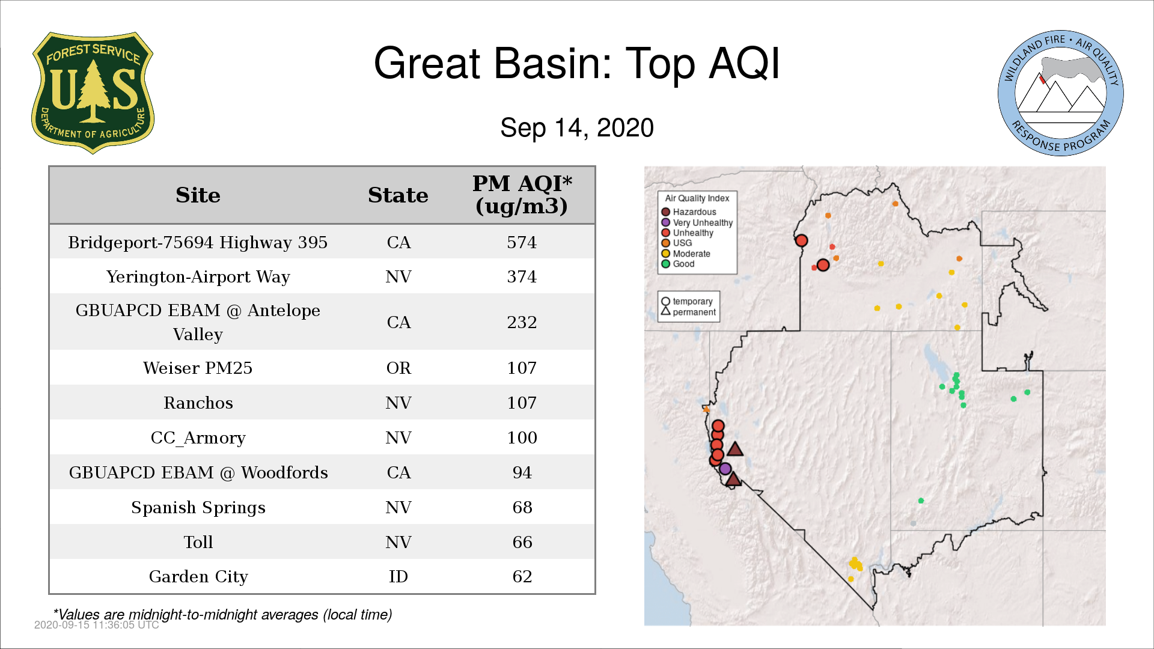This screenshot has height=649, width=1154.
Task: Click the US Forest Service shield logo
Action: coord(93,93)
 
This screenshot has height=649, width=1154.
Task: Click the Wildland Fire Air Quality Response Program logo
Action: coord(1061,93)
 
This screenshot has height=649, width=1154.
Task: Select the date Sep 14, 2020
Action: coord(577,128)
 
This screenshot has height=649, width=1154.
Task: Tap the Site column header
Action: coord(198,195)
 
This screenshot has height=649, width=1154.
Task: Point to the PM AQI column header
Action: coord(522,195)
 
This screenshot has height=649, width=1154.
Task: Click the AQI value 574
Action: coord(522,242)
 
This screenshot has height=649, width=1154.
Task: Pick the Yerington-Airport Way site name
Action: coord(198,277)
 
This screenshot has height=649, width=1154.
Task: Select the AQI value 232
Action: coord(522,322)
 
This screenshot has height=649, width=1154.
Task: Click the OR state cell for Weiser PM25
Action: coord(398,368)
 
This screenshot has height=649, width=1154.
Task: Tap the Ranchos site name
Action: coord(198,403)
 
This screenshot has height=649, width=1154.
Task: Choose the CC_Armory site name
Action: coord(198,438)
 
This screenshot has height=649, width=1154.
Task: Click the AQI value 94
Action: coord(522,472)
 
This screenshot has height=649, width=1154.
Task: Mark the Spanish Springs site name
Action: coord(198,508)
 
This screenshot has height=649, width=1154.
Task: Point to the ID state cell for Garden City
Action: coord(398,576)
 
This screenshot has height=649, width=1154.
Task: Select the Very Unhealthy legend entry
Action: coord(697,222)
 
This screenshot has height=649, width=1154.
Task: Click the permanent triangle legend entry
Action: coord(689,312)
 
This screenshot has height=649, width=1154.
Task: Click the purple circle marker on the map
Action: coord(725,469)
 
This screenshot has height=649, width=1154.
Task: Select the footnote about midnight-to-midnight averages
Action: coord(223,615)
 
